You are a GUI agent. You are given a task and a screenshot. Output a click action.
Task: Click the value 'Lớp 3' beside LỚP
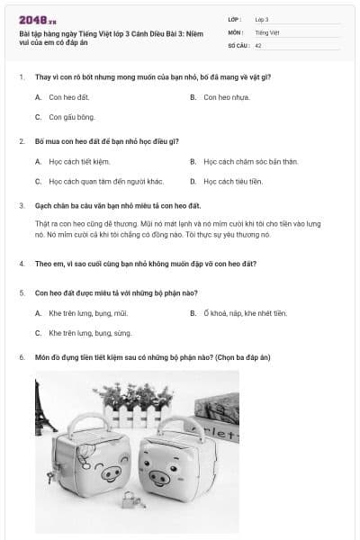tap(262, 19)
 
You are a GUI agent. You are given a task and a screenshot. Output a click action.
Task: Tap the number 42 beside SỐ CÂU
tap(258, 44)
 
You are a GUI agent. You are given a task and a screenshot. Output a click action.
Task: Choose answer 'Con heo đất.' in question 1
tap(69, 97)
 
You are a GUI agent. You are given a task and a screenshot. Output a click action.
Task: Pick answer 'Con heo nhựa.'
tap(227, 97)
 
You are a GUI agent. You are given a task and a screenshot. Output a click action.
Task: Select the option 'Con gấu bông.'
tap(72, 117)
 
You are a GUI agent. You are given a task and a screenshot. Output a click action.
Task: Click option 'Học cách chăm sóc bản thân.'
tap(244, 162)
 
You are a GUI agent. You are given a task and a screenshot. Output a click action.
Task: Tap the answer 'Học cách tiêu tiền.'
tap(232, 181)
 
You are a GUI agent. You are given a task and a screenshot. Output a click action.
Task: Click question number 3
tap(22, 205)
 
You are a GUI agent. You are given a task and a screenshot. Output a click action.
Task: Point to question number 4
tap(22, 264)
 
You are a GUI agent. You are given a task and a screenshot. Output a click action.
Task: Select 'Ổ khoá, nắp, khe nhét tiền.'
tap(245, 313)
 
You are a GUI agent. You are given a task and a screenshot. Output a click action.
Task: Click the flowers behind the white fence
tap(136, 396)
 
